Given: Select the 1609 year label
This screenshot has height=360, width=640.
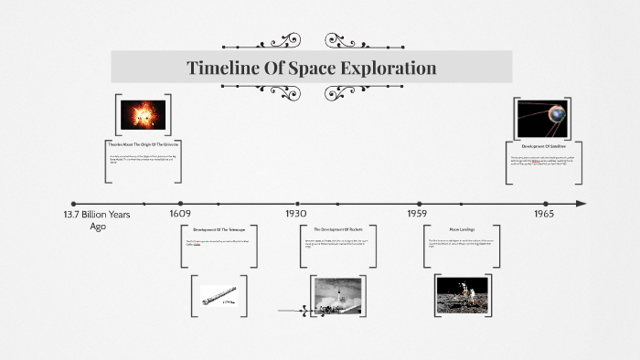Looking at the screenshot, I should (180, 214).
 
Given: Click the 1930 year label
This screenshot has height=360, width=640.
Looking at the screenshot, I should (296, 214).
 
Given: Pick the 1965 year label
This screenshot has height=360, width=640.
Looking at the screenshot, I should (545, 214).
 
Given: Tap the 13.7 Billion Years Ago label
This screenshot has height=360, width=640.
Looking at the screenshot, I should (97, 219).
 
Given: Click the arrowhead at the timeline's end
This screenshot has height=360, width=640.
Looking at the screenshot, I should (581, 204).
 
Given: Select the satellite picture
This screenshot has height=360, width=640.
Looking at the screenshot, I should (543, 117).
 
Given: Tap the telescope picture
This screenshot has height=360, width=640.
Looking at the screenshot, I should (219, 295).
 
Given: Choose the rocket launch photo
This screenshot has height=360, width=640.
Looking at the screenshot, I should (339, 296).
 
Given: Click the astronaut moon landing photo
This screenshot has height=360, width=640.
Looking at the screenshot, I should (464, 296).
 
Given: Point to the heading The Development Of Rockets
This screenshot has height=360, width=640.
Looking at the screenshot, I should (337, 228).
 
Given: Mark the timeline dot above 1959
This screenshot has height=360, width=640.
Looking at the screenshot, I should (420, 204).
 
